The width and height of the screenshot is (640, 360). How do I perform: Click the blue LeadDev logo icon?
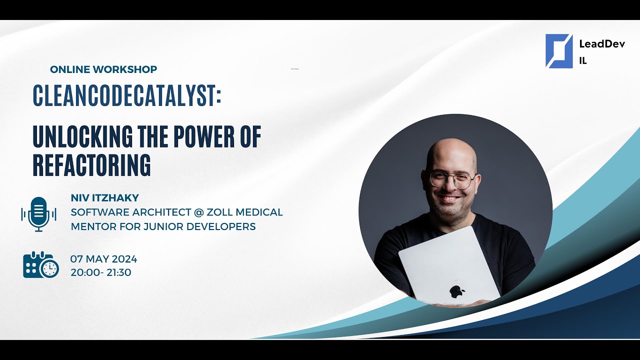tap(558, 50)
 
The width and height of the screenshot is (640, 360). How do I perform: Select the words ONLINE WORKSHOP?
tap(103, 69)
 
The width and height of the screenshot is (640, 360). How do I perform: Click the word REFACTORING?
tap(91, 165)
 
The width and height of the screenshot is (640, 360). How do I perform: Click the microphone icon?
tap(38, 214)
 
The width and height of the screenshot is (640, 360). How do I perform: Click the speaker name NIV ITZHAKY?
tap(104, 198)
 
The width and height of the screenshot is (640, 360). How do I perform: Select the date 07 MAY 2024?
tap(103, 259)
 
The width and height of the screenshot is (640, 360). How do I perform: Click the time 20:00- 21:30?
tap(100, 272)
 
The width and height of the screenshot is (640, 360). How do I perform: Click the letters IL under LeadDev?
tap(582, 61)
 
